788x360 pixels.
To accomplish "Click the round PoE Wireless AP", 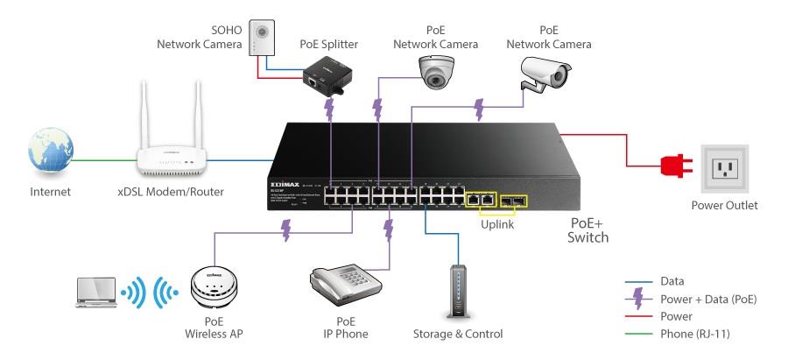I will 215,289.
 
